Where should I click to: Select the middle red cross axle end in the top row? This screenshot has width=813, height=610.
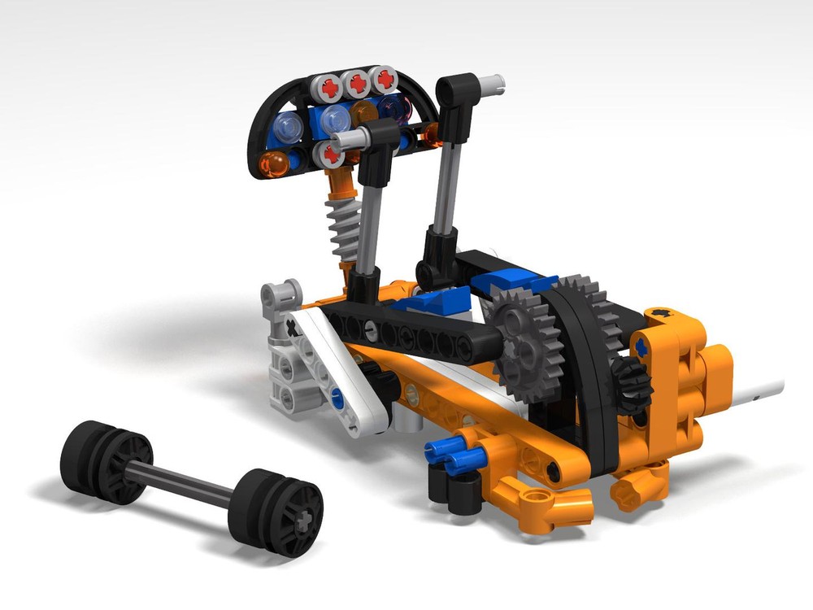[355, 83]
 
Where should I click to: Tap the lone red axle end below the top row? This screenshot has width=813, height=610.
[330, 152]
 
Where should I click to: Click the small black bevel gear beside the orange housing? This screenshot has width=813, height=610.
[631, 381]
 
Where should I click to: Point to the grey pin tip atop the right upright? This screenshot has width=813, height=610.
[492, 81]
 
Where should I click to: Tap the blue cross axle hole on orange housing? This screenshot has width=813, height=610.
[643, 347]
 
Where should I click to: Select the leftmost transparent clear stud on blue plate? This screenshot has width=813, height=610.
[286, 126]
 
